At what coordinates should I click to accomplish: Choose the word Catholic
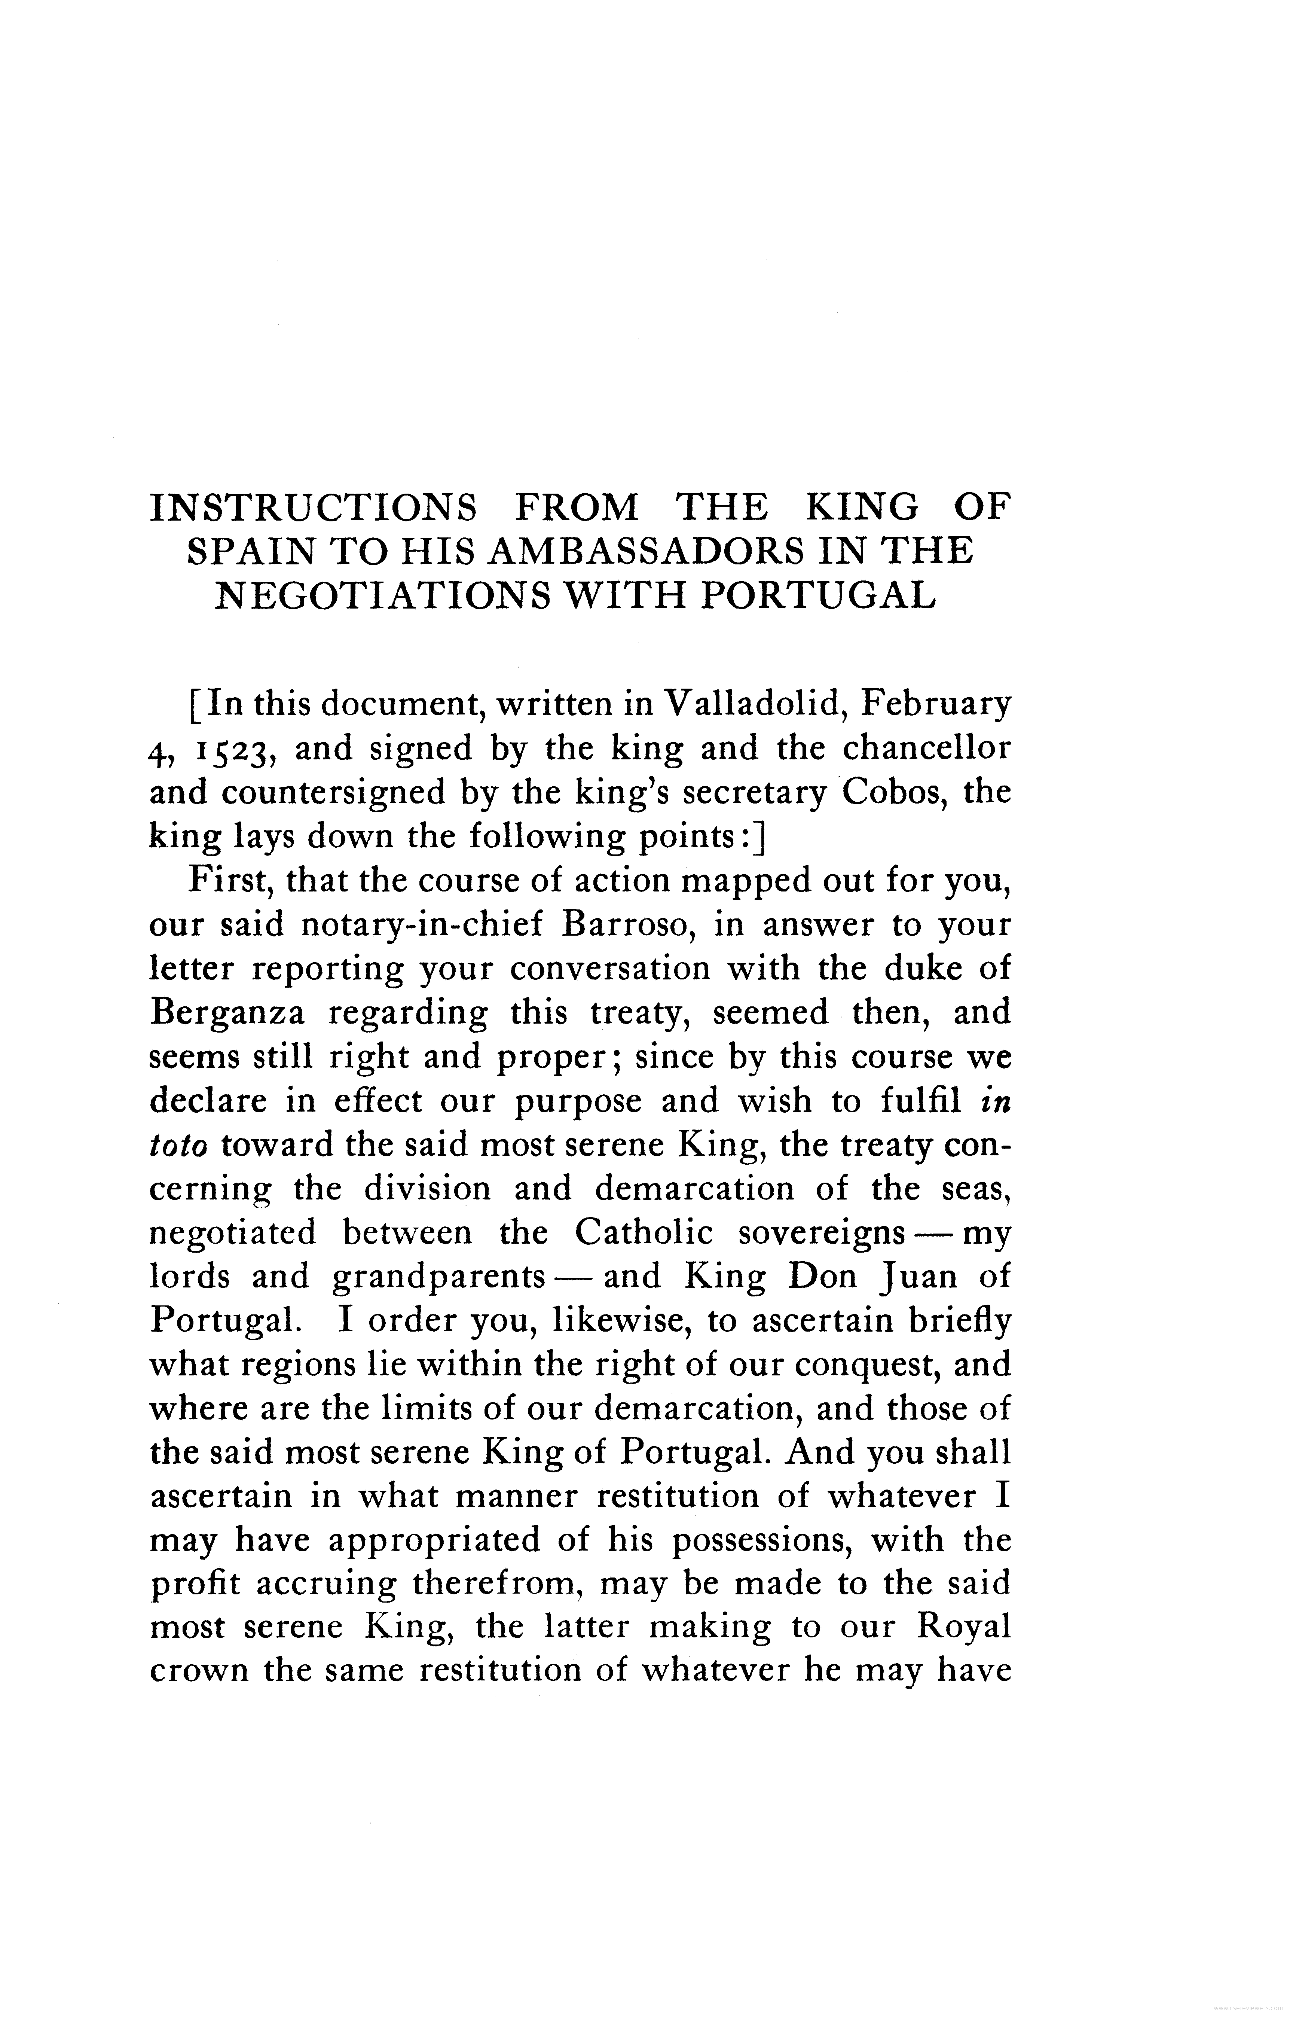click(x=643, y=1232)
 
